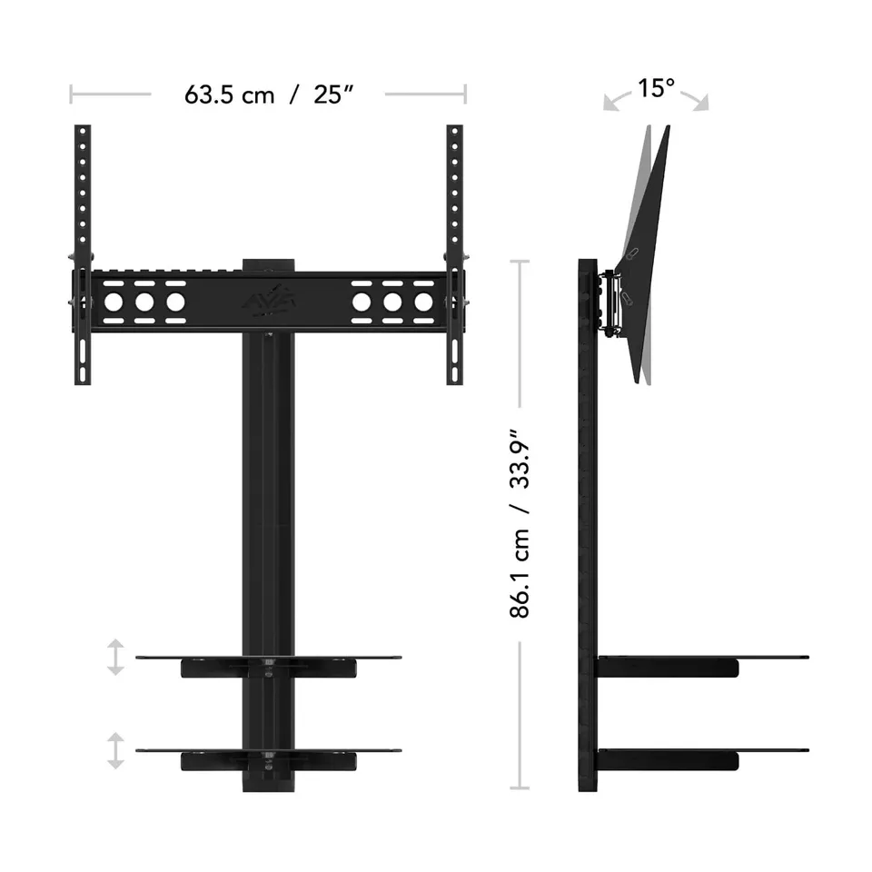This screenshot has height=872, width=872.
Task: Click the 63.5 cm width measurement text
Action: [x=229, y=94]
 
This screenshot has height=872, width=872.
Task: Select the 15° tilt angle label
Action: [x=656, y=88]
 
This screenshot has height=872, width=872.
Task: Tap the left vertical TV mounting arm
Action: [x=83, y=254]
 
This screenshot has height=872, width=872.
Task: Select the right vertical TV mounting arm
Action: [x=454, y=254]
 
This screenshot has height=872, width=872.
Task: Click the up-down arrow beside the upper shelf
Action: [x=115, y=657]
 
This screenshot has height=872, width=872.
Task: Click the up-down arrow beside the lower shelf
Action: [x=115, y=750]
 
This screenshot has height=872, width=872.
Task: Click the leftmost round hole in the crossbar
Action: [x=114, y=302]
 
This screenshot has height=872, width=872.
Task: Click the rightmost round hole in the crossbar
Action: [x=423, y=302]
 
